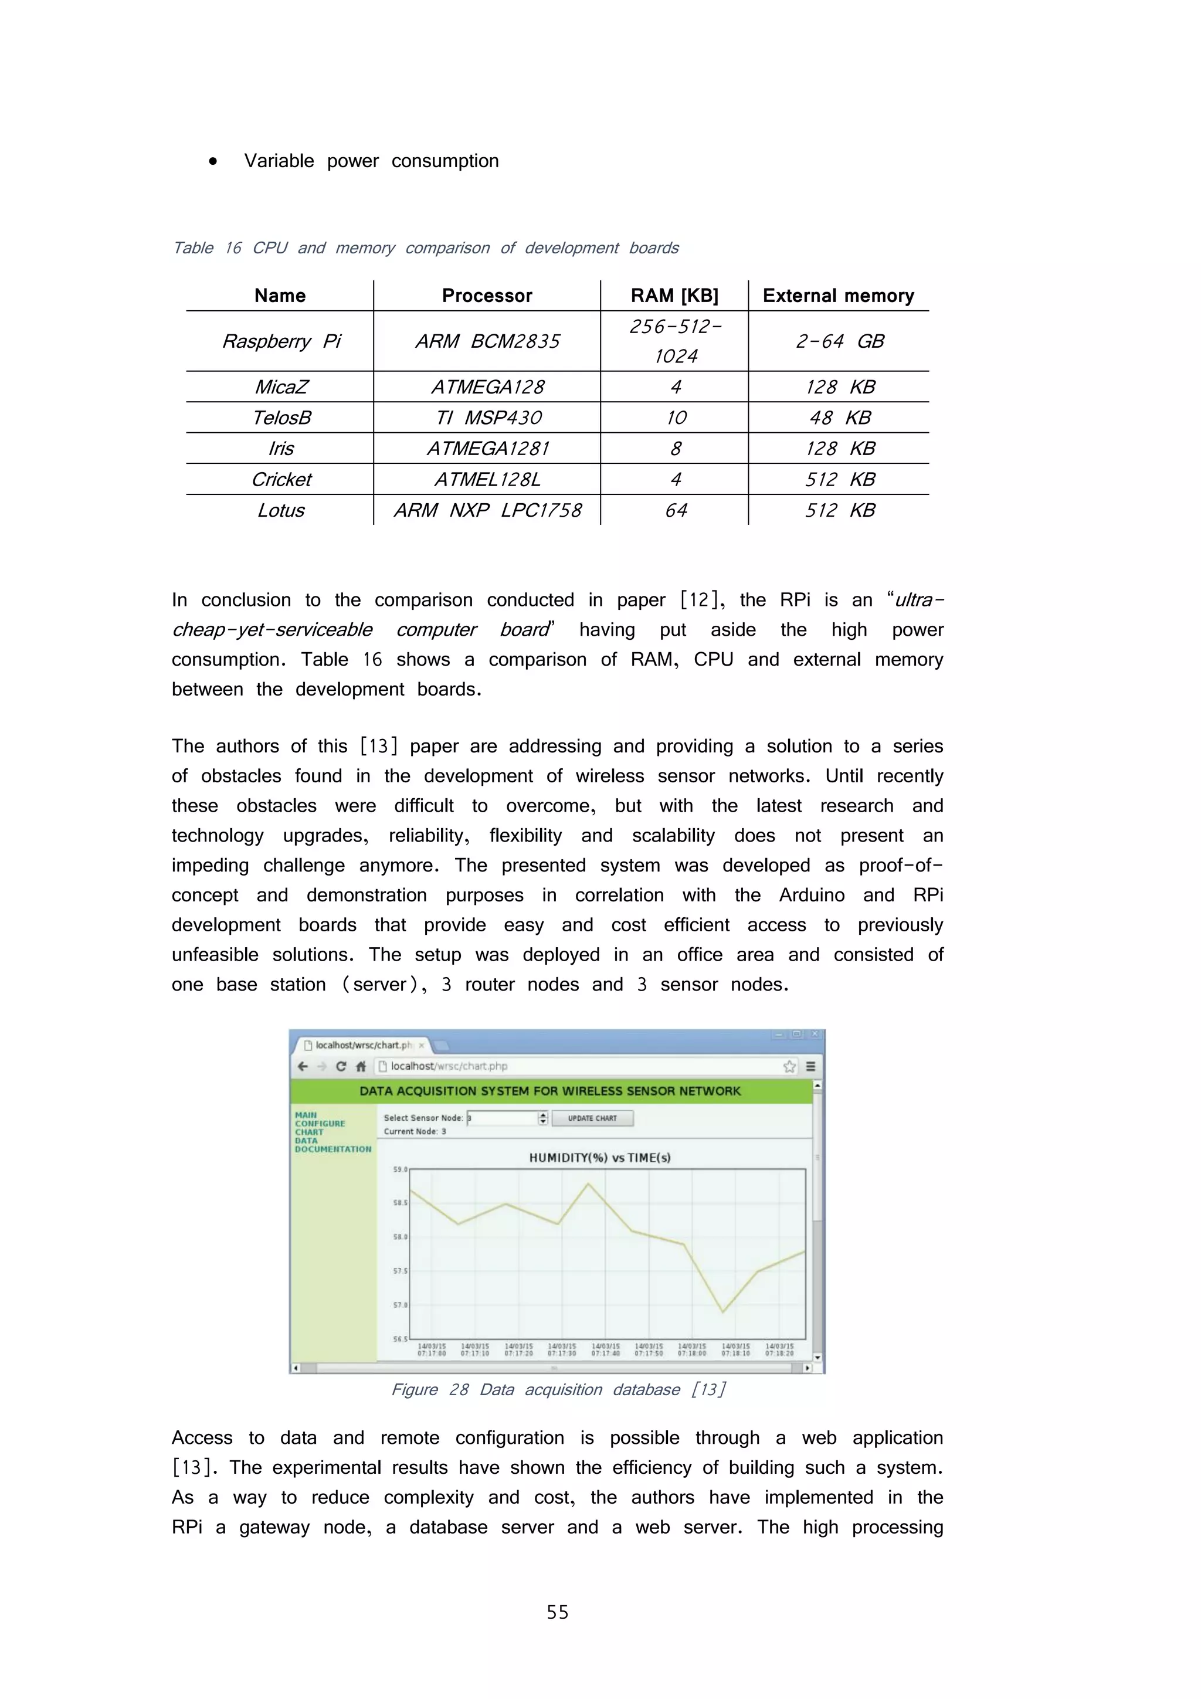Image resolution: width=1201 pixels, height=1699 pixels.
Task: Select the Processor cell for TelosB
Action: coord(488,418)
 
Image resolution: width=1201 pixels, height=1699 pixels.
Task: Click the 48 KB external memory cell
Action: coord(839,418)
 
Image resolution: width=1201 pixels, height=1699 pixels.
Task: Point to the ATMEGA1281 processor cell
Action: coord(488,449)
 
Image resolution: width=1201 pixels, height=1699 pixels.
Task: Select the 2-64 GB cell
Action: coord(839,341)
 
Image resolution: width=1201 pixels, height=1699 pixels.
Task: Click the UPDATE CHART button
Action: coord(592,1118)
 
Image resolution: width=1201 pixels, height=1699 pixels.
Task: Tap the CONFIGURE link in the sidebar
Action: coord(320,1123)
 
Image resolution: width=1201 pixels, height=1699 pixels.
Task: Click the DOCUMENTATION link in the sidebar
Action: coord(333,1149)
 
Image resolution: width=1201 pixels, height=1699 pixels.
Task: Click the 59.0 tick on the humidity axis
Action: coord(399,1169)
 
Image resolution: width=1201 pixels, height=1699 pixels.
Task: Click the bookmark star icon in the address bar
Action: coord(789,1066)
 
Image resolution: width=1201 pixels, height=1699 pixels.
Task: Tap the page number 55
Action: coord(557,1612)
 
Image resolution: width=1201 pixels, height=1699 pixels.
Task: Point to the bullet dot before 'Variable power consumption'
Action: coord(213,161)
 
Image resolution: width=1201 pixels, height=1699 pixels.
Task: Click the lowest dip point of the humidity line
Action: coord(723,1312)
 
